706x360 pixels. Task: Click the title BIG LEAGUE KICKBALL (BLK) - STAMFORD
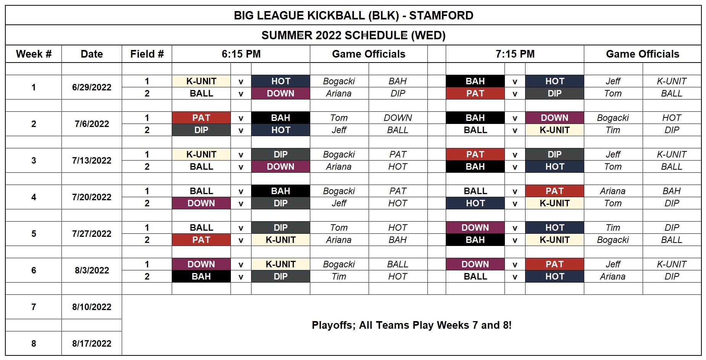click(353, 16)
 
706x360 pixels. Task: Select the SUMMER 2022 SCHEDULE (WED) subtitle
click(353, 35)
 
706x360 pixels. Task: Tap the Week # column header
click(34, 54)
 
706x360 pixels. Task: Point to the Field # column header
click(147, 54)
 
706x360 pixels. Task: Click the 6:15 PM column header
click(241, 54)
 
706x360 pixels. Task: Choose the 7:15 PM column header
click(515, 54)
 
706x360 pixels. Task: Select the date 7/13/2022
click(92, 161)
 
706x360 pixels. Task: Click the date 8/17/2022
click(92, 344)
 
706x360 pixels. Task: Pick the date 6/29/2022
click(92, 87)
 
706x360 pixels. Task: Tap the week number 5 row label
click(34, 234)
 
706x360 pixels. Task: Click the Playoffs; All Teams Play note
click(412, 325)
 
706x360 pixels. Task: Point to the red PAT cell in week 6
click(554, 264)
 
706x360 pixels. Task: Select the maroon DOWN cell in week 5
click(475, 228)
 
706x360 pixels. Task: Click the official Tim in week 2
click(613, 130)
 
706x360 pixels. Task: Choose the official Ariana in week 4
click(613, 191)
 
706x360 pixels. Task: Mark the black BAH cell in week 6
click(201, 276)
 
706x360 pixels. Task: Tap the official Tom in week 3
click(613, 167)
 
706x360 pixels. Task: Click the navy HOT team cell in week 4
click(475, 203)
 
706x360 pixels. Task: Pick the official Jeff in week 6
click(613, 264)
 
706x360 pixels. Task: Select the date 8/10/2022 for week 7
click(92, 307)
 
